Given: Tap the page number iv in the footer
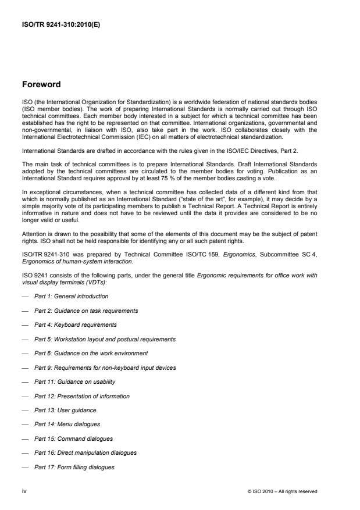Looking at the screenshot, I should (24, 491).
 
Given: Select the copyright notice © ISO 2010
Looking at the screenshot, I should (281, 491).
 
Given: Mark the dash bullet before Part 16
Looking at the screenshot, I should (25, 452).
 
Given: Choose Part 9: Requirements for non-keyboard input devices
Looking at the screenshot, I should (105, 368).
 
